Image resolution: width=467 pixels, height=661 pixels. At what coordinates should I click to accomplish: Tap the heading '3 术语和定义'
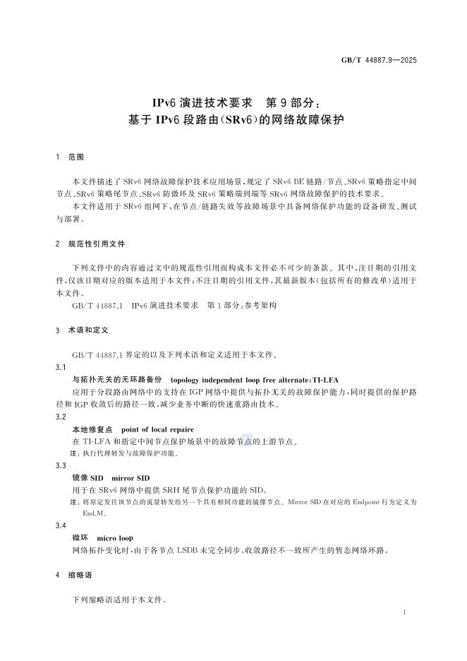(81, 330)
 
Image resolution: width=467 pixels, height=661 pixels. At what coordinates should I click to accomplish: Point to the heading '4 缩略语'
(73, 576)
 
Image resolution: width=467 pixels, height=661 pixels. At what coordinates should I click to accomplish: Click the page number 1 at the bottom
(403, 613)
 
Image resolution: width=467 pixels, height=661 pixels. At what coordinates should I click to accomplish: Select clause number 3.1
(61, 368)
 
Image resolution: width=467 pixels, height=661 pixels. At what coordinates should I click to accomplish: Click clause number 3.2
(61, 417)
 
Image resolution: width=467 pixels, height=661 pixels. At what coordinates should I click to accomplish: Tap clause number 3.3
(61, 465)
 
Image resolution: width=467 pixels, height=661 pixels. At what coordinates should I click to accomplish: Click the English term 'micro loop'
(115, 537)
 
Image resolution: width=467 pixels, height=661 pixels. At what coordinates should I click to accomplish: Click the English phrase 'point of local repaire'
(158, 429)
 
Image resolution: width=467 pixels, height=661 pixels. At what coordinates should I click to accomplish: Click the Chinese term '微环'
(80, 537)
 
